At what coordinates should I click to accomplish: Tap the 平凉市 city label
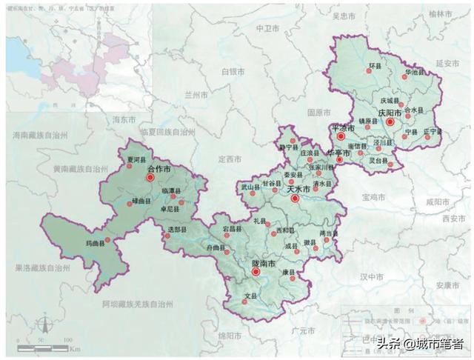click(344, 128)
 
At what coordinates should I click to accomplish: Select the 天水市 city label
click(298, 190)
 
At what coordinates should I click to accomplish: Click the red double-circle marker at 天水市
click(295, 198)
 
